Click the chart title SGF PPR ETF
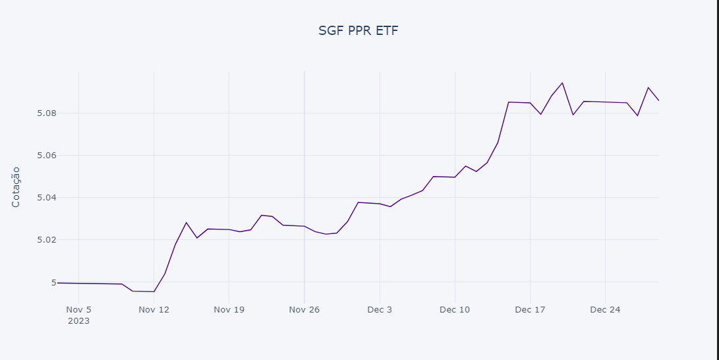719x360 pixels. point(359,30)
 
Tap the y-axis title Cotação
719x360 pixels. point(16,187)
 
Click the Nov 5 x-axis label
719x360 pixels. point(78,309)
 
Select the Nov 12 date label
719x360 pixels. point(154,309)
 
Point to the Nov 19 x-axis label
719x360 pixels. point(229,309)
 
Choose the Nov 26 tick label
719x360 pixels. point(304,309)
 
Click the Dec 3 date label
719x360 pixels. point(380,309)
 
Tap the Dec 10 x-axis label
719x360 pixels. point(455,309)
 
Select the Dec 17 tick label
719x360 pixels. point(530,309)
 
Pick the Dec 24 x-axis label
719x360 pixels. point(605,309)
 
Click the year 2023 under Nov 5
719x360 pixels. point(78,321)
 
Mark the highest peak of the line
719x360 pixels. point(562,82)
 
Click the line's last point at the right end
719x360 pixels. point(658,100)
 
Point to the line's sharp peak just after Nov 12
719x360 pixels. point(186,222)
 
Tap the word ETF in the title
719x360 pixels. point(386,30)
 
